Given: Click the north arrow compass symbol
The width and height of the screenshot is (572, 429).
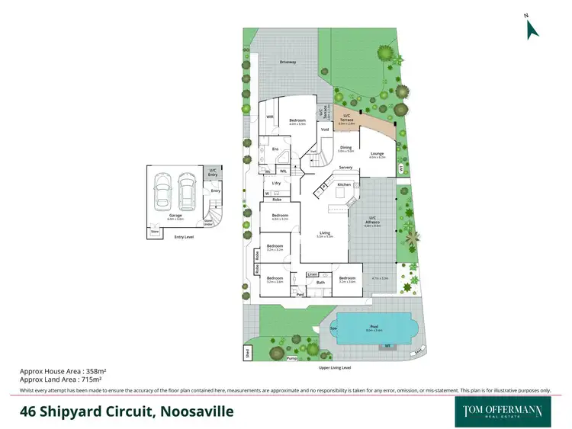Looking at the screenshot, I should [532, 28].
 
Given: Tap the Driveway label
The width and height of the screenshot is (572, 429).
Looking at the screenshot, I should [288, 62].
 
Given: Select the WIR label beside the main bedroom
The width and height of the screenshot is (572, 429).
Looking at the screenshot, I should [270, 117].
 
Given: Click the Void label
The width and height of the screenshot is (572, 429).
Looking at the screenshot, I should [324, 130].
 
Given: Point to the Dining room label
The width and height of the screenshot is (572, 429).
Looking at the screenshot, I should [345, 148].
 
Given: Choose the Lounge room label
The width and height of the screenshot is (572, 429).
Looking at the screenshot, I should [378, 153].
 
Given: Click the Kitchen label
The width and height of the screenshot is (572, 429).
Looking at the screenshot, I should [344, 184].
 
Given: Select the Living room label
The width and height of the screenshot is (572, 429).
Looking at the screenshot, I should [325, 233].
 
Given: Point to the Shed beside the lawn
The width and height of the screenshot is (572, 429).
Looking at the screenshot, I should [247, 352].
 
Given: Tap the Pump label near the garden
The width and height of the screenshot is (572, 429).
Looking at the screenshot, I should [291, 357].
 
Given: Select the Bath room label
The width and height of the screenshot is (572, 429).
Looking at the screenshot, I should [320, 282].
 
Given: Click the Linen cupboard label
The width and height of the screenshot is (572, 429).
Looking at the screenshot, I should [313, 274].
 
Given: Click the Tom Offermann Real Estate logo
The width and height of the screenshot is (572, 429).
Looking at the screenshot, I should [503, 411].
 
